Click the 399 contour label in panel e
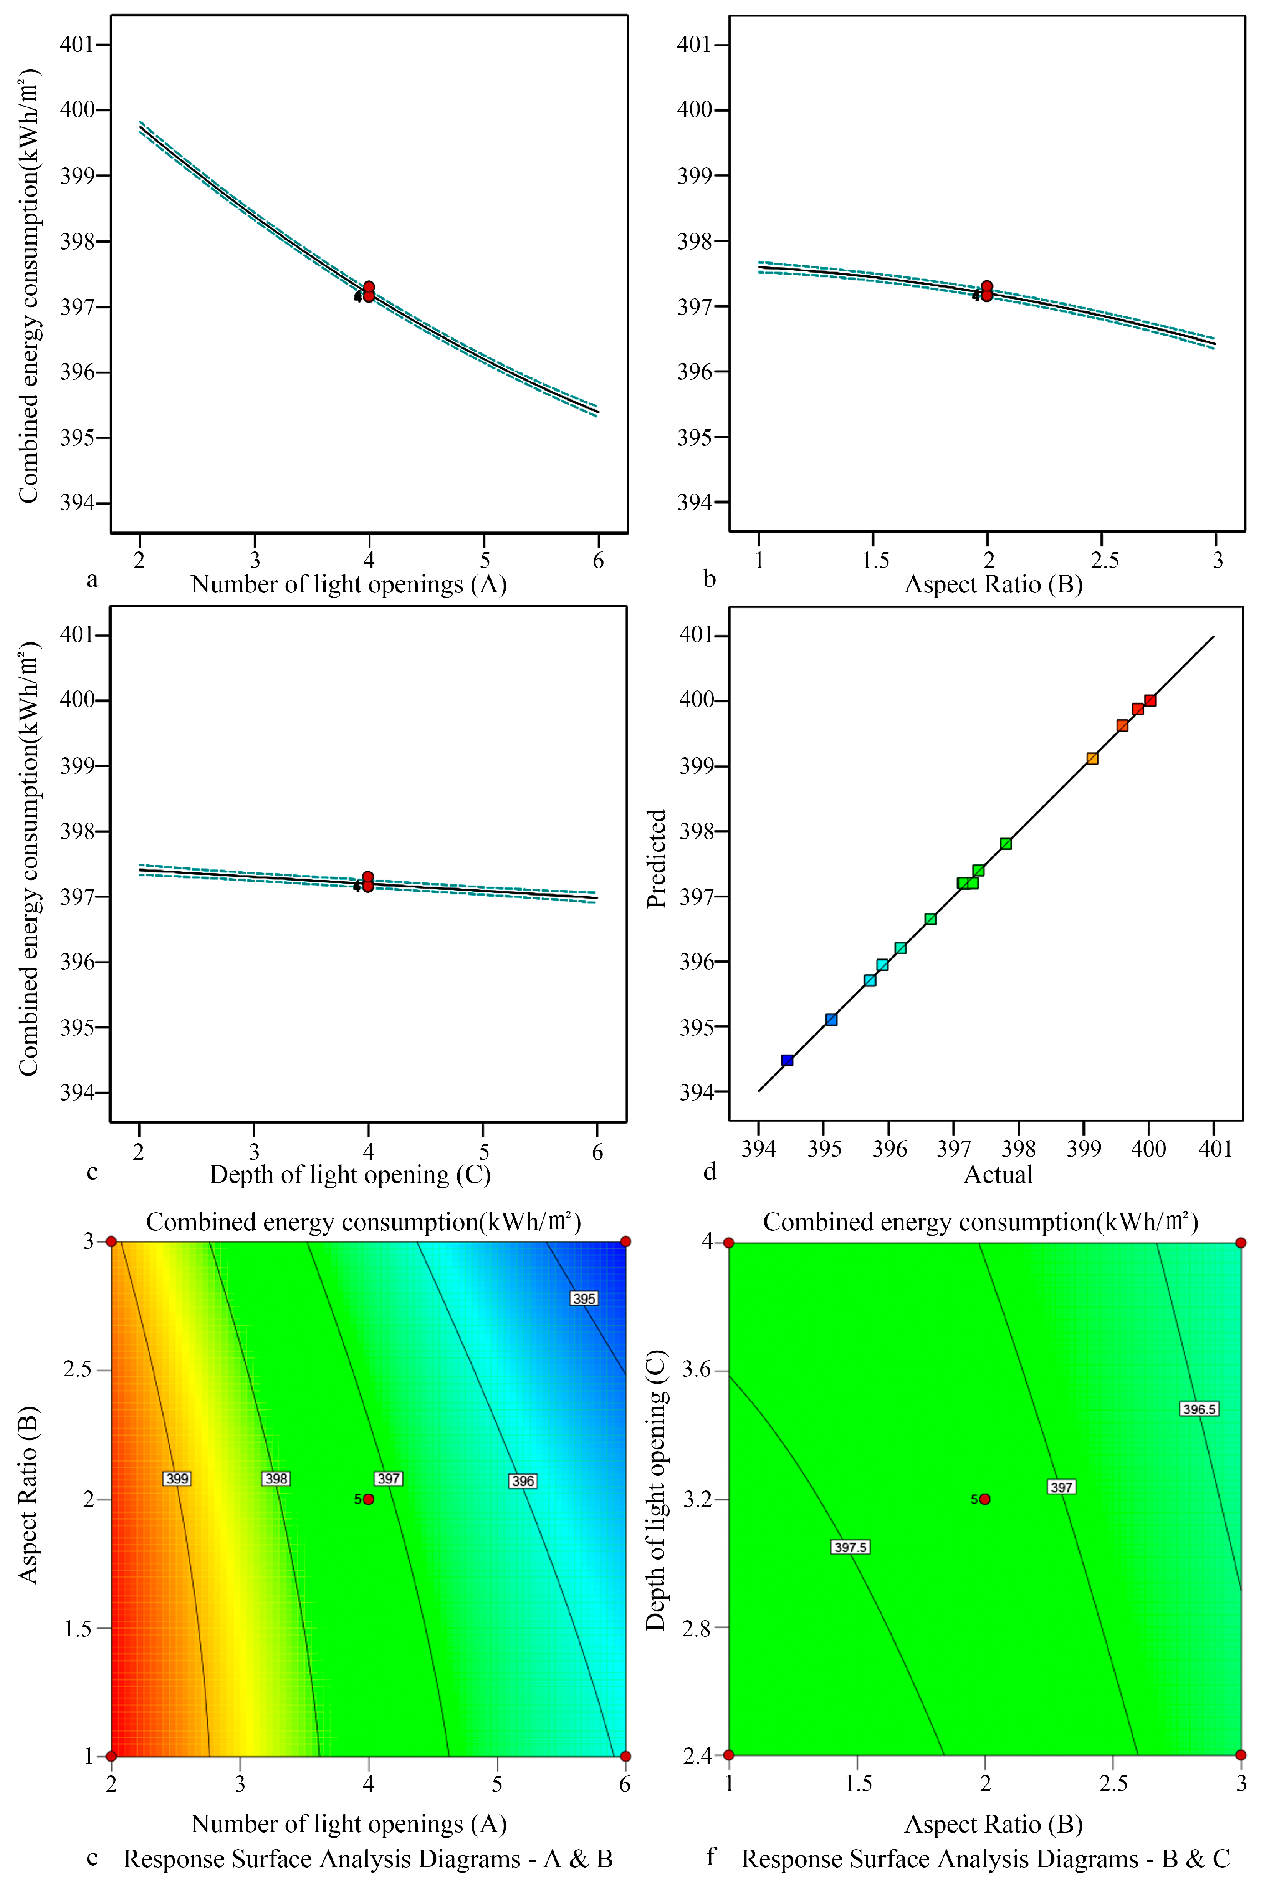pos(177,1478)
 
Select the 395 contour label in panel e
pos(584,1298)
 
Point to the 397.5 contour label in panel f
pos(850,1547)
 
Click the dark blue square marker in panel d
pos(787,1060)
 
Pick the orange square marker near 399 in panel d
pos(1092,758)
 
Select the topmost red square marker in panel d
pos(1150,700)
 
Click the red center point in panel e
pos(369,1499)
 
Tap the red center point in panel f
pos(985,1499)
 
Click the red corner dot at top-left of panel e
pos(112,1242)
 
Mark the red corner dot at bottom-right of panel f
pos(1241,1755)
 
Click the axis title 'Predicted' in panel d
pos(657,858)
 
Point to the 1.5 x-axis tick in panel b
pos(875,560)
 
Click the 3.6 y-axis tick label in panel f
pos(697,1370)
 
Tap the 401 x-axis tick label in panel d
pos(1215,1148)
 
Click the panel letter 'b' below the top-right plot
pos(709,579)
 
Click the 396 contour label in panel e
pos(523,1481)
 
